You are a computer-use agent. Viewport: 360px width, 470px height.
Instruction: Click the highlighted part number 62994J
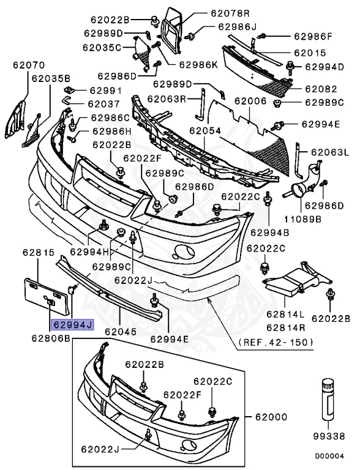(x=72, y=326)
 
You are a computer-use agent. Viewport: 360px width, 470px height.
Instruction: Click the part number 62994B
(x=269, y=232)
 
